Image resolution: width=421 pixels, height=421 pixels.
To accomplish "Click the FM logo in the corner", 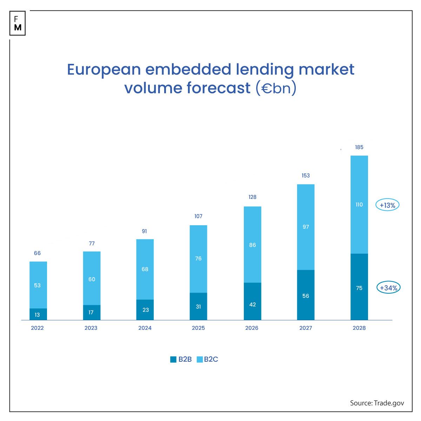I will pos(18,23).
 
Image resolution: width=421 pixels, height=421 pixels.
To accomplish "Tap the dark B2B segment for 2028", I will pos(359,287).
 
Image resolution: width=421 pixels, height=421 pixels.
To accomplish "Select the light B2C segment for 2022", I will pos(38,285).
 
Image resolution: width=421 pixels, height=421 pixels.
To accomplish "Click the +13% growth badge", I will pos(387,205).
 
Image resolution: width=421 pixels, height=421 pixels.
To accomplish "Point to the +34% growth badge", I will pos(388,288).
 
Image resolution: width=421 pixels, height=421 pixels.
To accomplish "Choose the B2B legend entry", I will pos(181,359).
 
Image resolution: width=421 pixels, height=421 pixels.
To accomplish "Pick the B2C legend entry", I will pos(207,359).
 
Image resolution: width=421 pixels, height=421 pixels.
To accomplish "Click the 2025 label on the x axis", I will pos(198,328).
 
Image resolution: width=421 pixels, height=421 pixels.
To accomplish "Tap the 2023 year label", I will pos(91,328).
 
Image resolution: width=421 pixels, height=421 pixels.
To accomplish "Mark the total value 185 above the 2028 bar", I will pos(359,147).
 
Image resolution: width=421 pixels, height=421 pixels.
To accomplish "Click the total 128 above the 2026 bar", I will pos(252,197).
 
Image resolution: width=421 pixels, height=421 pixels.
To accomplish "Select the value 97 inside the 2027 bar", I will pos(306,227).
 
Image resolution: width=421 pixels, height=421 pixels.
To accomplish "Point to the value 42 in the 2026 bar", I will pos(252,305).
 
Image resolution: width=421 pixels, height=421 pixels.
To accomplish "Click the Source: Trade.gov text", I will pos(377,403).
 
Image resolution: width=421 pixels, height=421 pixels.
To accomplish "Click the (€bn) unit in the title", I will pos(276,88).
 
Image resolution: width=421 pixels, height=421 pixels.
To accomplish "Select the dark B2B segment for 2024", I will pos(145,310).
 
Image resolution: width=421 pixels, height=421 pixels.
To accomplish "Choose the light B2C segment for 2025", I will pos(198,259).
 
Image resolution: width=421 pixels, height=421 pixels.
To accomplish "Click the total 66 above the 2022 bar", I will pos(37,253).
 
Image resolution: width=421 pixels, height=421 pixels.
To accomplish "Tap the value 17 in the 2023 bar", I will pos(91,312).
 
